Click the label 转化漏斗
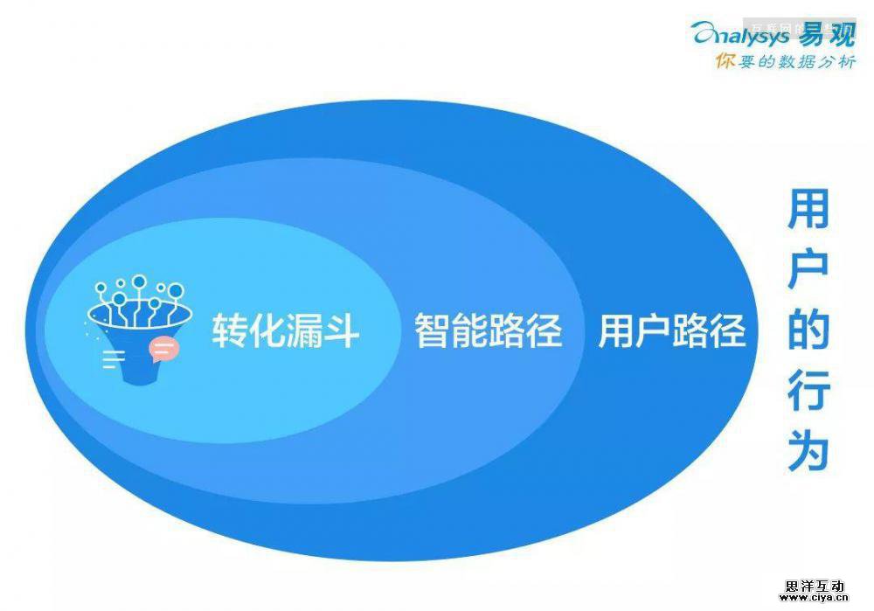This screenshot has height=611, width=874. coord(285,331)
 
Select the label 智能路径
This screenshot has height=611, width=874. coord(488,331)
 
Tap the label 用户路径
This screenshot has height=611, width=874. coord(671,331)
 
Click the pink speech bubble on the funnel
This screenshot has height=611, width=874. coord(163,350)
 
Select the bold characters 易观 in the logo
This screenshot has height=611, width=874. coord(823,32)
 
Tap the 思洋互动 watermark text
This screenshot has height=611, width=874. coord(814,587)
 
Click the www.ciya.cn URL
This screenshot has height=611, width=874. coord(814,601)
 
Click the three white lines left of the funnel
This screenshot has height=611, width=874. coord(113,357)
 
